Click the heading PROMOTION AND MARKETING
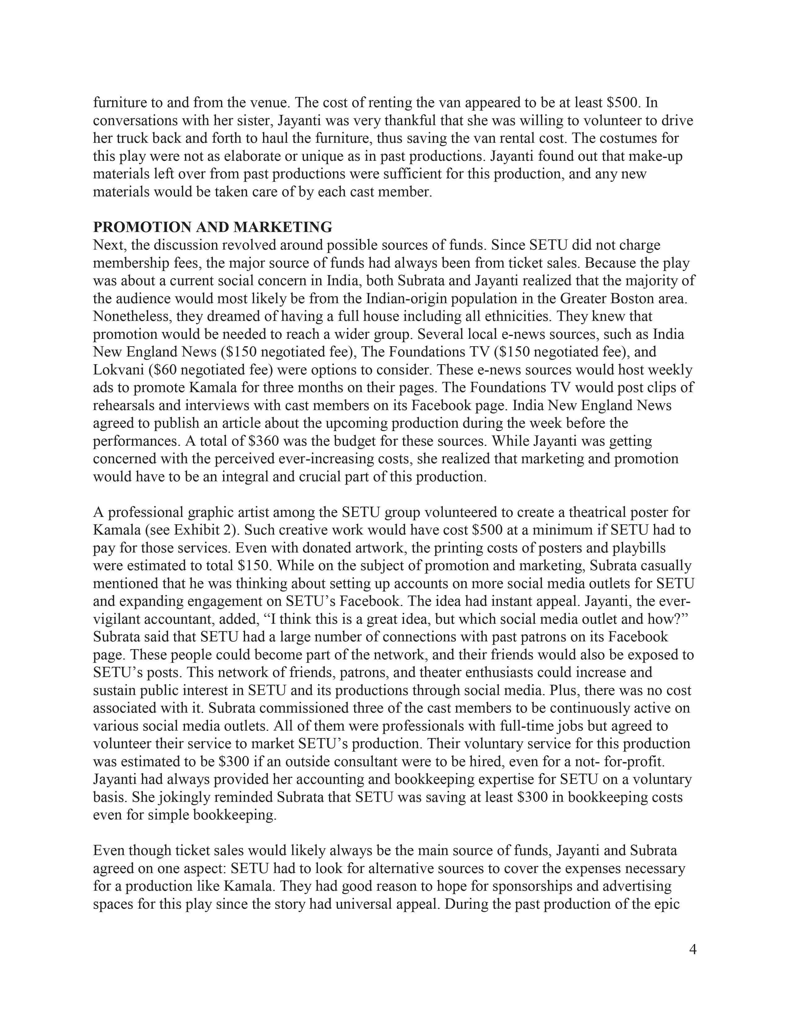pyautogui.click(x=213, y=227)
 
